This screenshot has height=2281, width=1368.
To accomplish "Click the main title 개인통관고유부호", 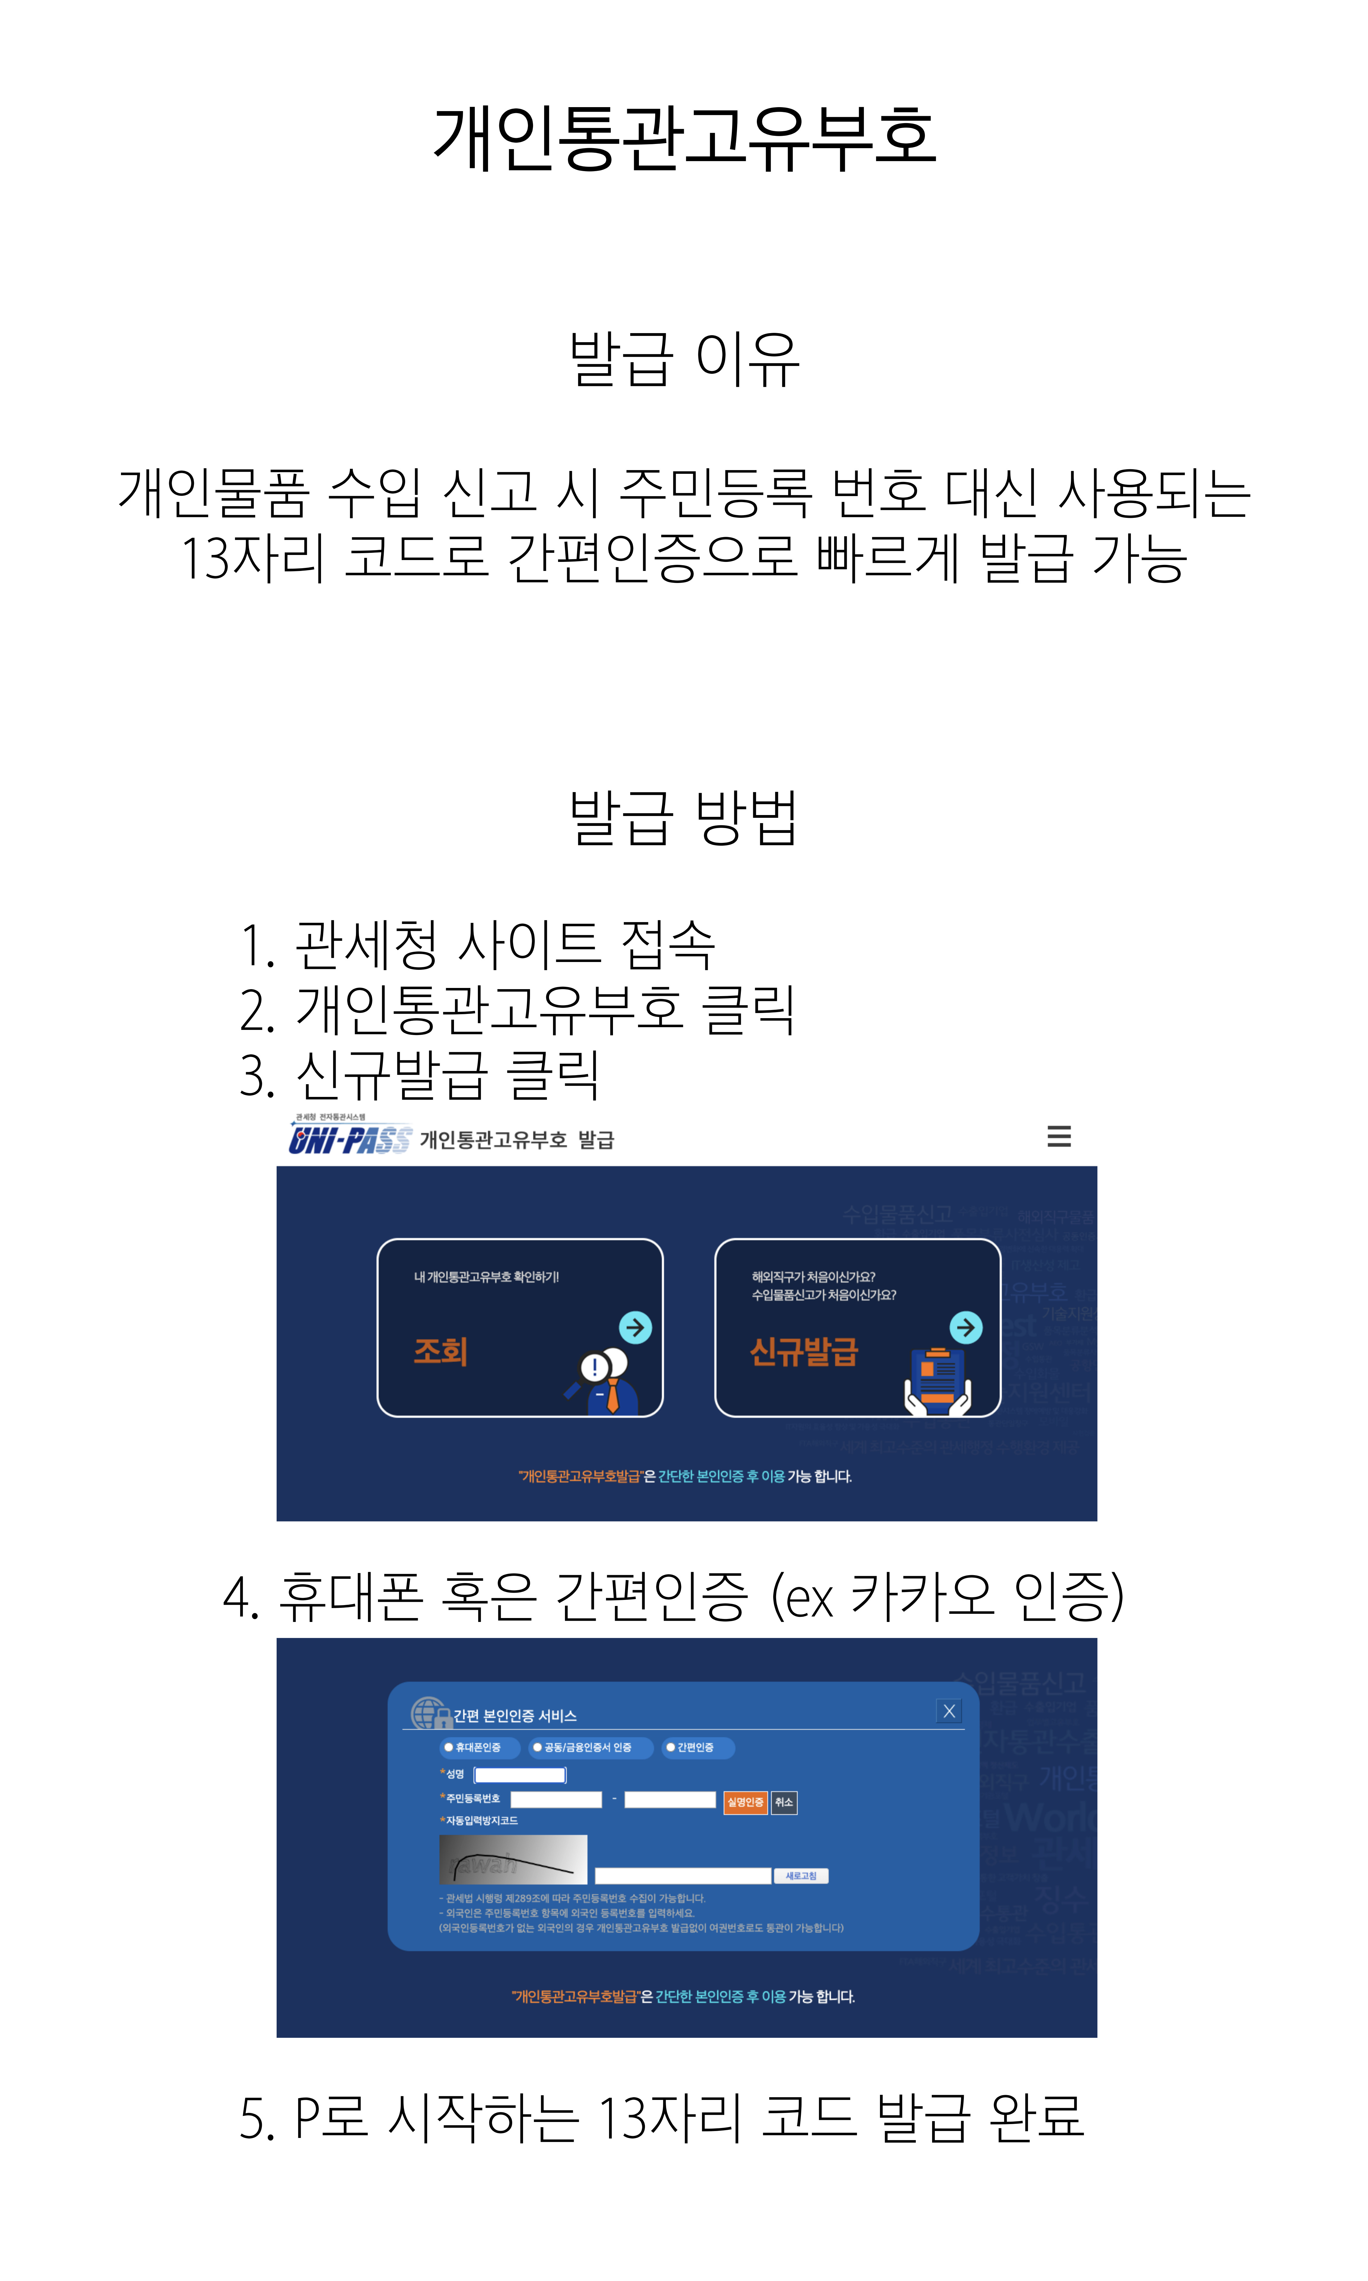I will [x=684, y=138].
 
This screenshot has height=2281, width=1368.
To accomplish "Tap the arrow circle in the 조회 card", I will [x=635, y=1328].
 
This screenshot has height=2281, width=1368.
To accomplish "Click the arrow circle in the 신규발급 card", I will [x=965, y=1328].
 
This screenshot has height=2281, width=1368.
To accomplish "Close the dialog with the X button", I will [x=949, y=1711].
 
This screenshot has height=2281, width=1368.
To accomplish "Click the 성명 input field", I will [x=520, y=1775].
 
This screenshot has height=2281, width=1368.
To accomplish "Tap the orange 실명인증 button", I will [x=745, y=1802].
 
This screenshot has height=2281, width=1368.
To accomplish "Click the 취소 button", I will [x=784, y=1802].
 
